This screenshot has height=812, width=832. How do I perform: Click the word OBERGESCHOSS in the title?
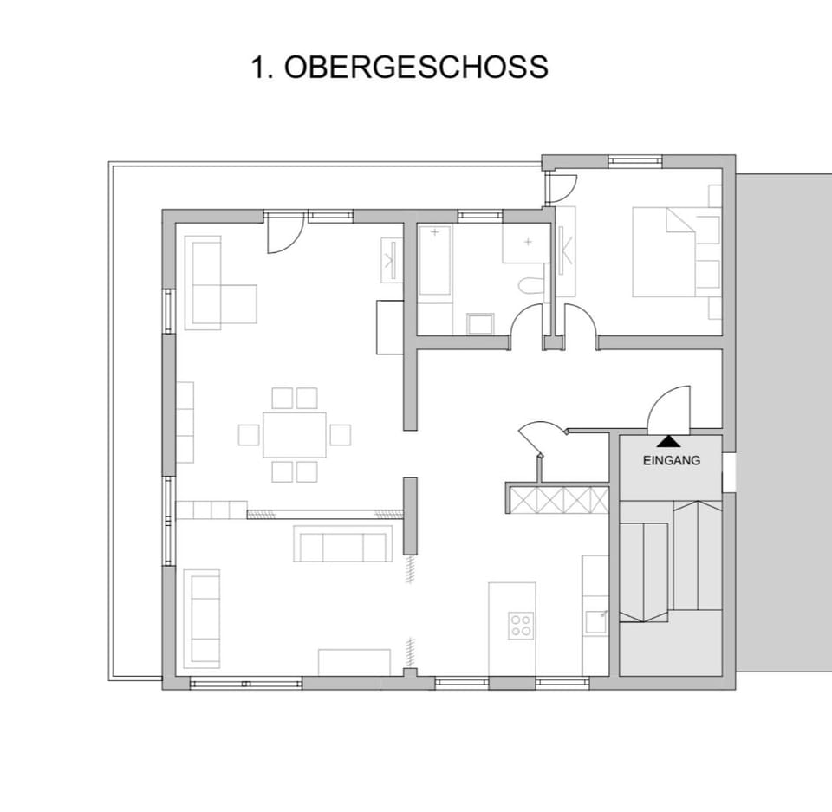click(416, 67)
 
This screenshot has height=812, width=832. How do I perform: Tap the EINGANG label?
click(671, 461)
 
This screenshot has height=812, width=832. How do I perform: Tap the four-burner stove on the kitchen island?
click(520, 625)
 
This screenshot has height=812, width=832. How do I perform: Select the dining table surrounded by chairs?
click(295, 434)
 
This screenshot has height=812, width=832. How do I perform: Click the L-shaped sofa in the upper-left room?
click(217, 286)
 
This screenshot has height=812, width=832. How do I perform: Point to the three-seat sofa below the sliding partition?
click(341, 543)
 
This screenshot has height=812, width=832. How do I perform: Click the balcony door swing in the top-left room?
click(283, 237)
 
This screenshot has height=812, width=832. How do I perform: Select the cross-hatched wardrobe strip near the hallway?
click(558, 499)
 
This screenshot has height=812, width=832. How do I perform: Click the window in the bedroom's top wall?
click(634, 161)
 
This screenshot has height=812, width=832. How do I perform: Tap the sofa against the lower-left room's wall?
click(201, 618)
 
